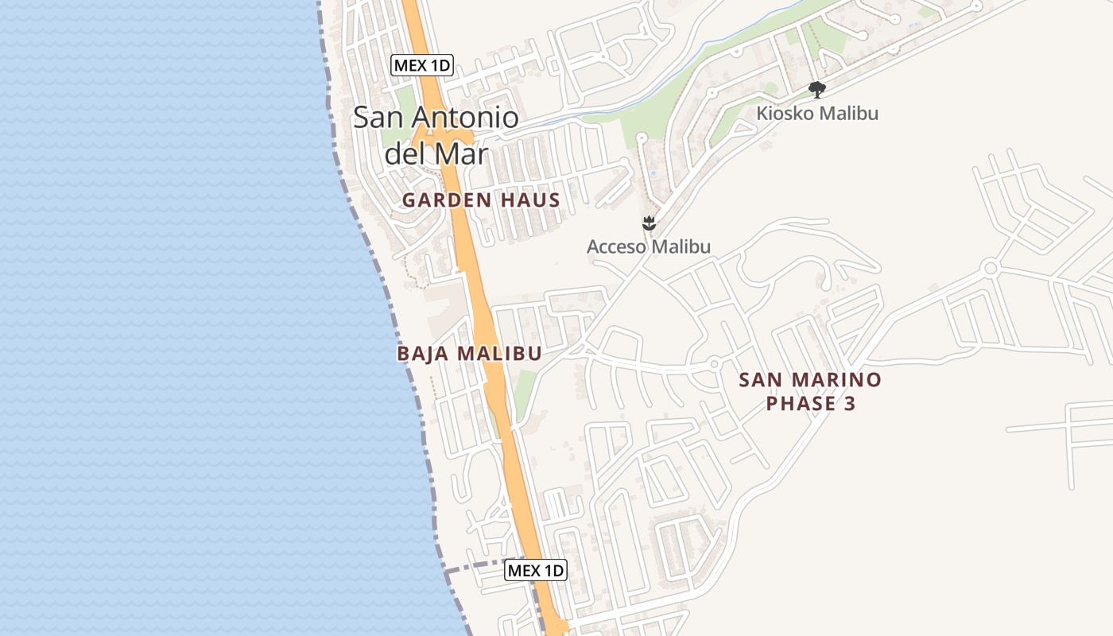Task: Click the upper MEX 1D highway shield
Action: (x=422, y=65)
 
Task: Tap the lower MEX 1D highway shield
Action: (x=536, y=570)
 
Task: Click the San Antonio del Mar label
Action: (x=436, y=134)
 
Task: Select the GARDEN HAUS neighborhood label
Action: (x=481, y=200)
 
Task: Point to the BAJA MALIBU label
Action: (x=469, y=354)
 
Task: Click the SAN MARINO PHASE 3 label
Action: (x=810, y=391)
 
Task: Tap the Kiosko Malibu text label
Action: (x=817, y=113)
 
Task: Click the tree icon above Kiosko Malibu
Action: (x=816, y=90)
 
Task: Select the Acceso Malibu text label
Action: (x=649, y=246)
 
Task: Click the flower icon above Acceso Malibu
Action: (x=650, y=223)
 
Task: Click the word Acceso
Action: (x=615, y=246)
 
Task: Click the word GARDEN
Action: (x=447, y=200)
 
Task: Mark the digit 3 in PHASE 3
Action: (x=849, y=404)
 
